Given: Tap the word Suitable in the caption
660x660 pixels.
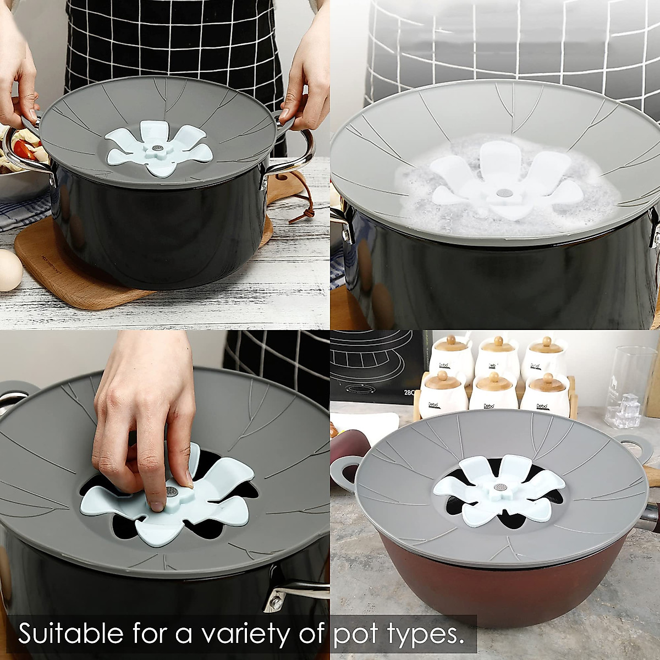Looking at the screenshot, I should click(x=70, y=634).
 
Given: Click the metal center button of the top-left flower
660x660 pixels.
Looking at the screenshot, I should click(x=158, y=148).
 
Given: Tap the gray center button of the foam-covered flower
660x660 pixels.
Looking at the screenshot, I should click(x=504, y=194).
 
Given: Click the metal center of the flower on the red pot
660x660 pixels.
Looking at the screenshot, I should click(x=501, y=487).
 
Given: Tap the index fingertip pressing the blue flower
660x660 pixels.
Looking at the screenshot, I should click(x=158, y=503).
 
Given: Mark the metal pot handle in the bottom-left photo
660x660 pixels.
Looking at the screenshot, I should click(x=291, y=594).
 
